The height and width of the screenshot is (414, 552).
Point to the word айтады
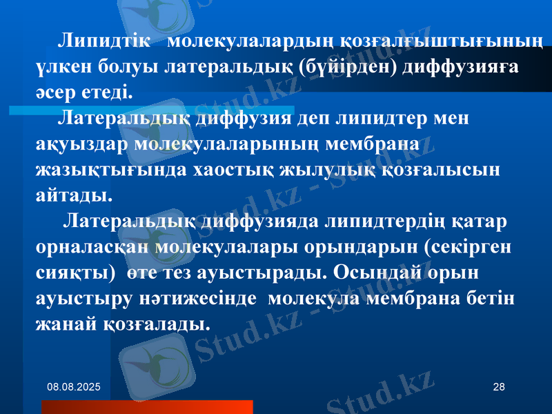coord(72,195)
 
